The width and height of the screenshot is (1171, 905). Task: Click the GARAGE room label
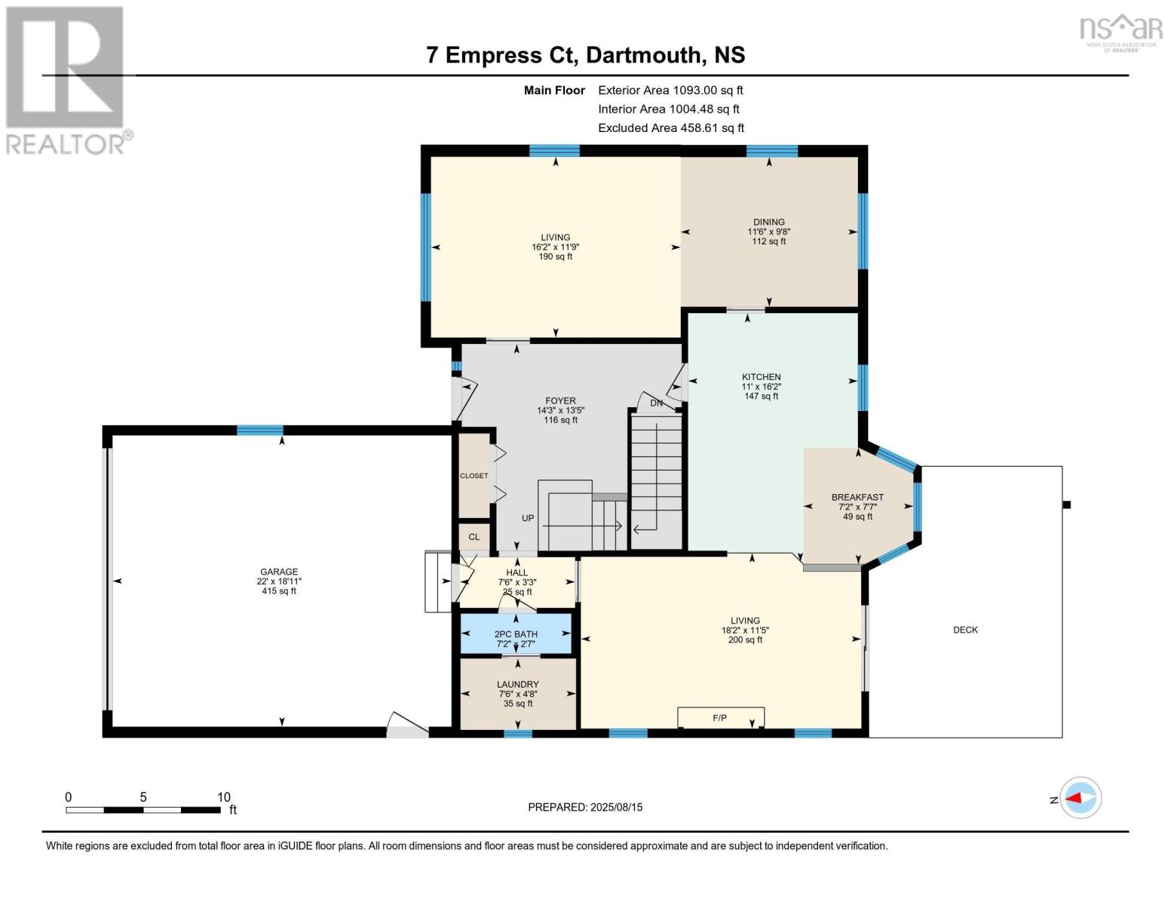point(279,572)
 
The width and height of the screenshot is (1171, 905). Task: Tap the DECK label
point(965,630)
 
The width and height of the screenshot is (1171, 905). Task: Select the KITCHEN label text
point(761,377)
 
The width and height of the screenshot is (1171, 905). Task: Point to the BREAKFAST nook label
point(857,497)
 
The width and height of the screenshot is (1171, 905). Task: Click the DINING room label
point(768,222)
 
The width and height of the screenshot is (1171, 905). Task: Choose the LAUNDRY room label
point(518,685)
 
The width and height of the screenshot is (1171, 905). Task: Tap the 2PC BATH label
point(516,634)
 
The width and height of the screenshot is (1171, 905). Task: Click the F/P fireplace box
point(720,718)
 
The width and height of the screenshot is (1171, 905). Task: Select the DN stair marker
point(657,403)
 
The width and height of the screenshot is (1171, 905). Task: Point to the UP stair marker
point(528,519)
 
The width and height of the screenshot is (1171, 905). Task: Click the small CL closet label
point(474,537)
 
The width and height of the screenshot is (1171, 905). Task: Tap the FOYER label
point(560,401)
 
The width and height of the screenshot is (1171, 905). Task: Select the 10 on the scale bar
point(224,797)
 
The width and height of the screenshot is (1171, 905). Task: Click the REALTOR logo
point(66,79)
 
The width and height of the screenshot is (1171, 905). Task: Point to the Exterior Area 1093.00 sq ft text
point(670,90)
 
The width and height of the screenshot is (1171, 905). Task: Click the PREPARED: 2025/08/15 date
point(585,807)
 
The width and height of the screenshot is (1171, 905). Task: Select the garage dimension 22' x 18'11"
point(279,581)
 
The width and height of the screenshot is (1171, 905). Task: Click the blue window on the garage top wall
point(260,431)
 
